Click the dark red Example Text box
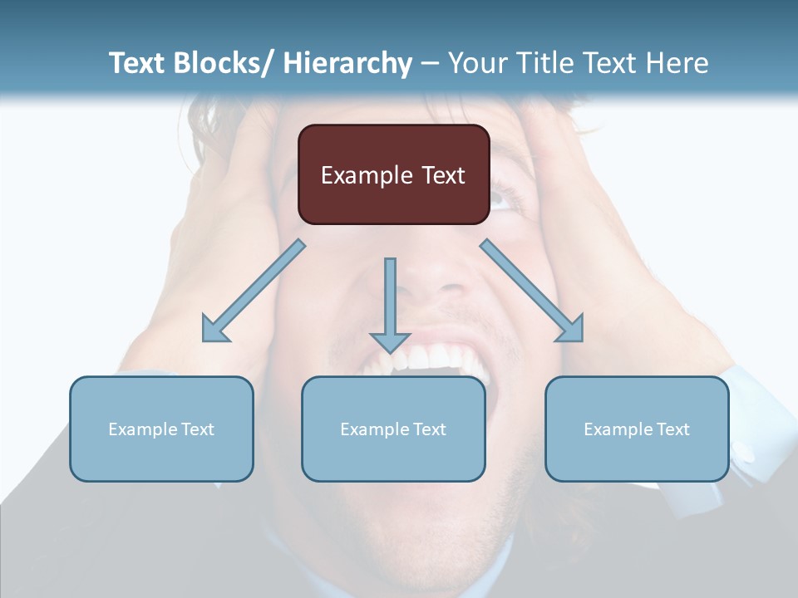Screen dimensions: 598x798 (393, 174)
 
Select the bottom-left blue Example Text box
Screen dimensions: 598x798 (161, 429)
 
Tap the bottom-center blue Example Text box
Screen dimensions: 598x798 (393, 429)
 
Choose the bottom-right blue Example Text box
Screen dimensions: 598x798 (637, 429)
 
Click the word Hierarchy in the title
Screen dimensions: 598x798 (347, 63)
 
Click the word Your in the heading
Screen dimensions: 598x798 (476, 63)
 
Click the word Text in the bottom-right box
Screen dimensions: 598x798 (672, 429)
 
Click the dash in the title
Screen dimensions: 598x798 (430, 64)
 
